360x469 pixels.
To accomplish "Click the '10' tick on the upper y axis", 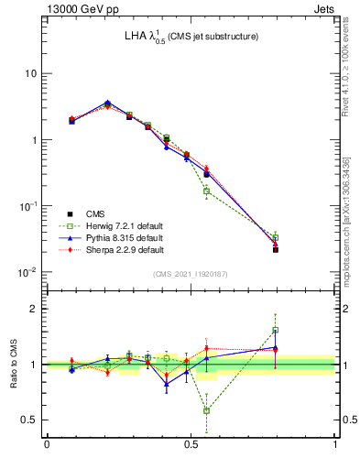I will (29, 73).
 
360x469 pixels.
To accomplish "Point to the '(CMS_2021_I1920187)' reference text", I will (191, 274).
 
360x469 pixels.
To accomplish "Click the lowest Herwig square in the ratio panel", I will (206, 410).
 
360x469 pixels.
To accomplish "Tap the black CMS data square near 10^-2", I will (276, 249).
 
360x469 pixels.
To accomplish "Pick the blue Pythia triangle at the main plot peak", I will (107, 103).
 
